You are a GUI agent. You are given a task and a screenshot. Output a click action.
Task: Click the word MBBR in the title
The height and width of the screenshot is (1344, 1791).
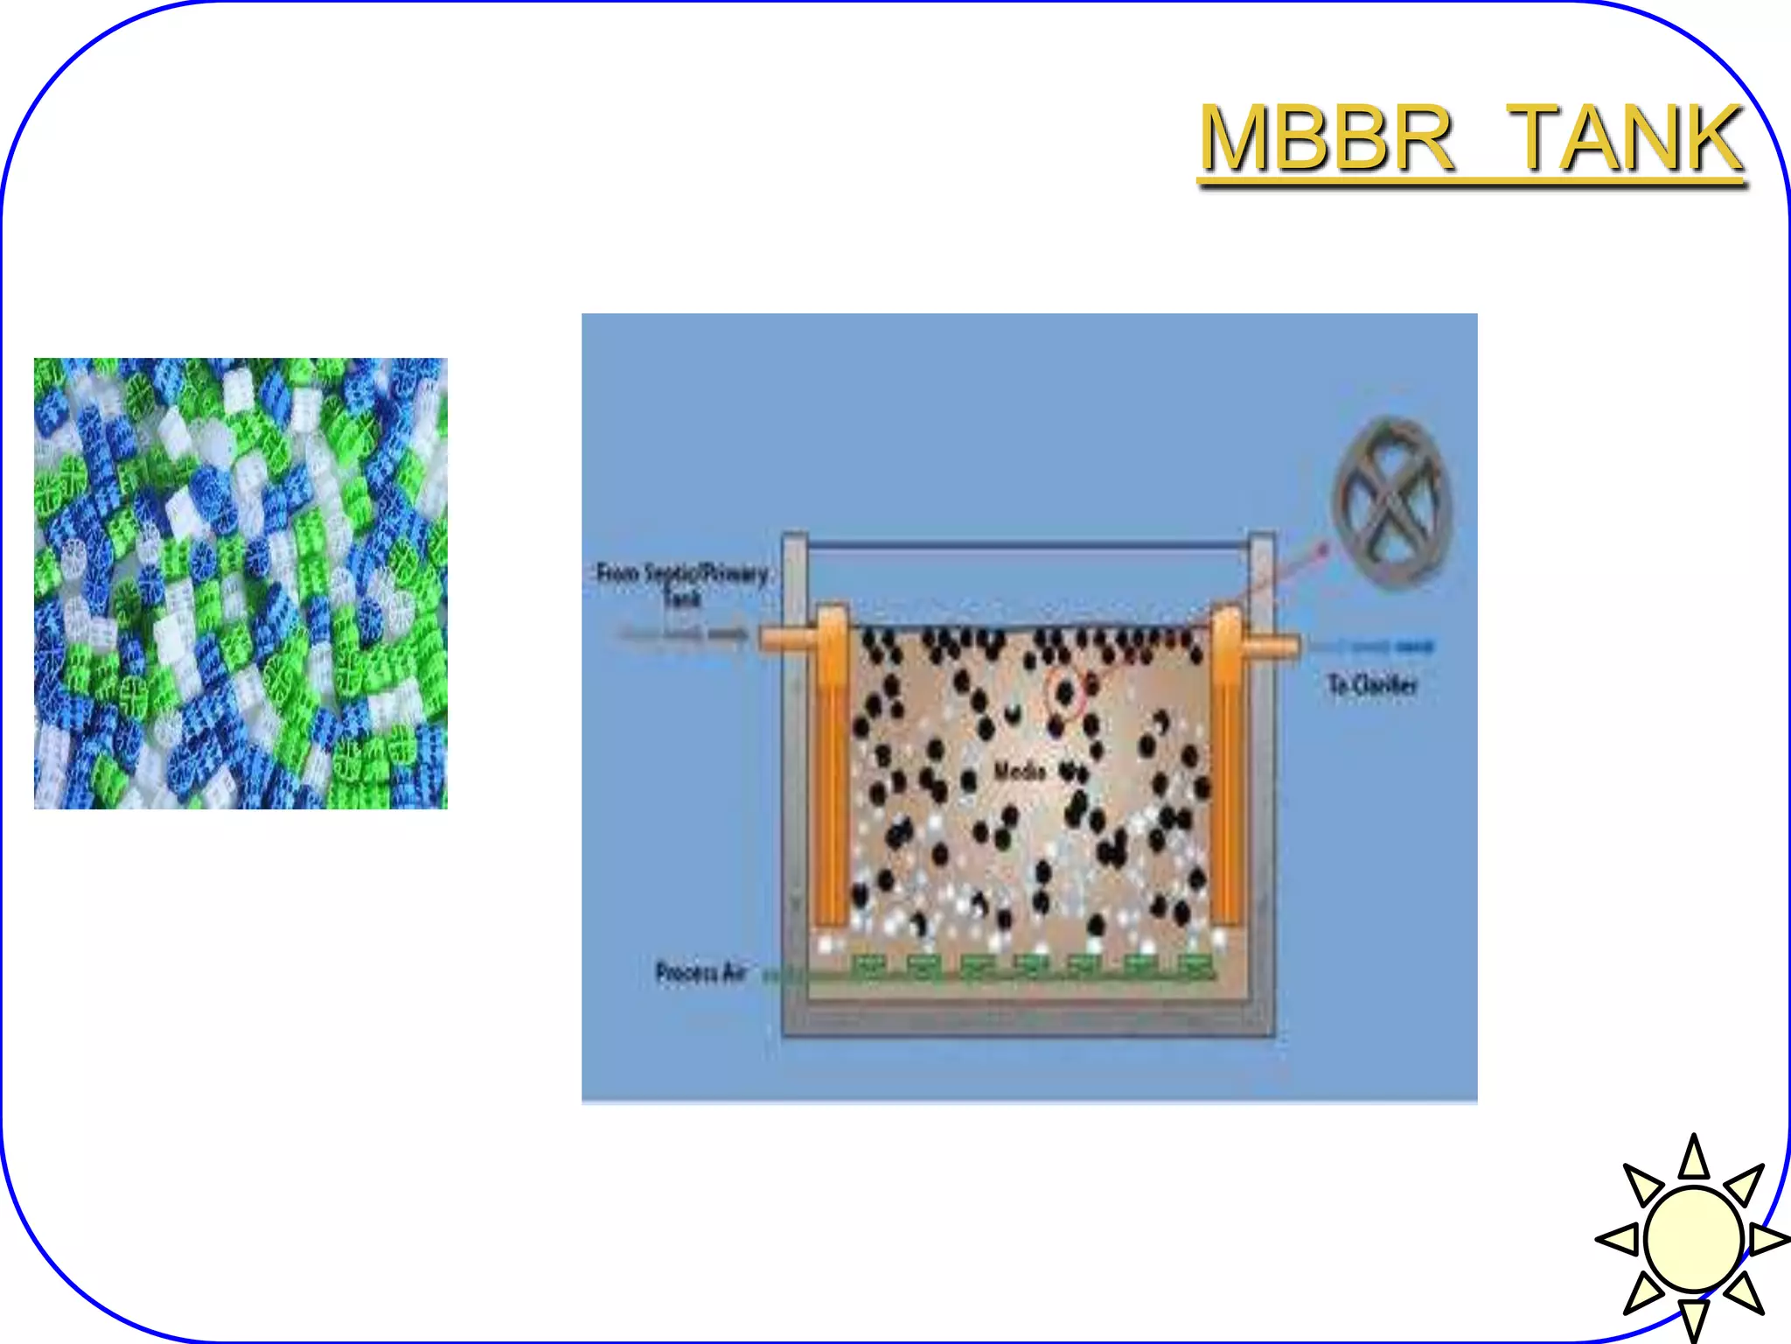[x=1326, y=138]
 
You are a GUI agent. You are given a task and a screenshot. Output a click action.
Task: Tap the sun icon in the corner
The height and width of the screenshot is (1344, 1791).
[x=1693, y=1238]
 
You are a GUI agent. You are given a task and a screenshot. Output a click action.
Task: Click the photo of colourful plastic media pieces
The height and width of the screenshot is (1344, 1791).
[x=240, y=583]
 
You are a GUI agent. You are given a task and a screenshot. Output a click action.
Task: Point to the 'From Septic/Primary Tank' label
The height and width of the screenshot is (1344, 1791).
[x=681, y=584]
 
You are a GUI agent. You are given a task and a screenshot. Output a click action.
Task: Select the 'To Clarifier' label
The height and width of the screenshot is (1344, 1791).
[x=1371, y=684]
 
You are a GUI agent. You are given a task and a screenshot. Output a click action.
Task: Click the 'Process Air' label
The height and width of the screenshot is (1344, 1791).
[x=700, y=972]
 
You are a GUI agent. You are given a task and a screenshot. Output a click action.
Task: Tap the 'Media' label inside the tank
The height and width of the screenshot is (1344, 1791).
[x=1020, y=771]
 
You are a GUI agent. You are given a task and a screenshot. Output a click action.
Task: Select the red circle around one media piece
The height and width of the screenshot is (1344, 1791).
[x=1065, y=693]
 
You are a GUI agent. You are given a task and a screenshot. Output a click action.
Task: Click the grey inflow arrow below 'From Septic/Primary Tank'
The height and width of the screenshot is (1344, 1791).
[x=682, y=633]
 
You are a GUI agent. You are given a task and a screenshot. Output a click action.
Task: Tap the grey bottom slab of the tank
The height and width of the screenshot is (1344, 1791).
[x=1028, y=1019]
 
